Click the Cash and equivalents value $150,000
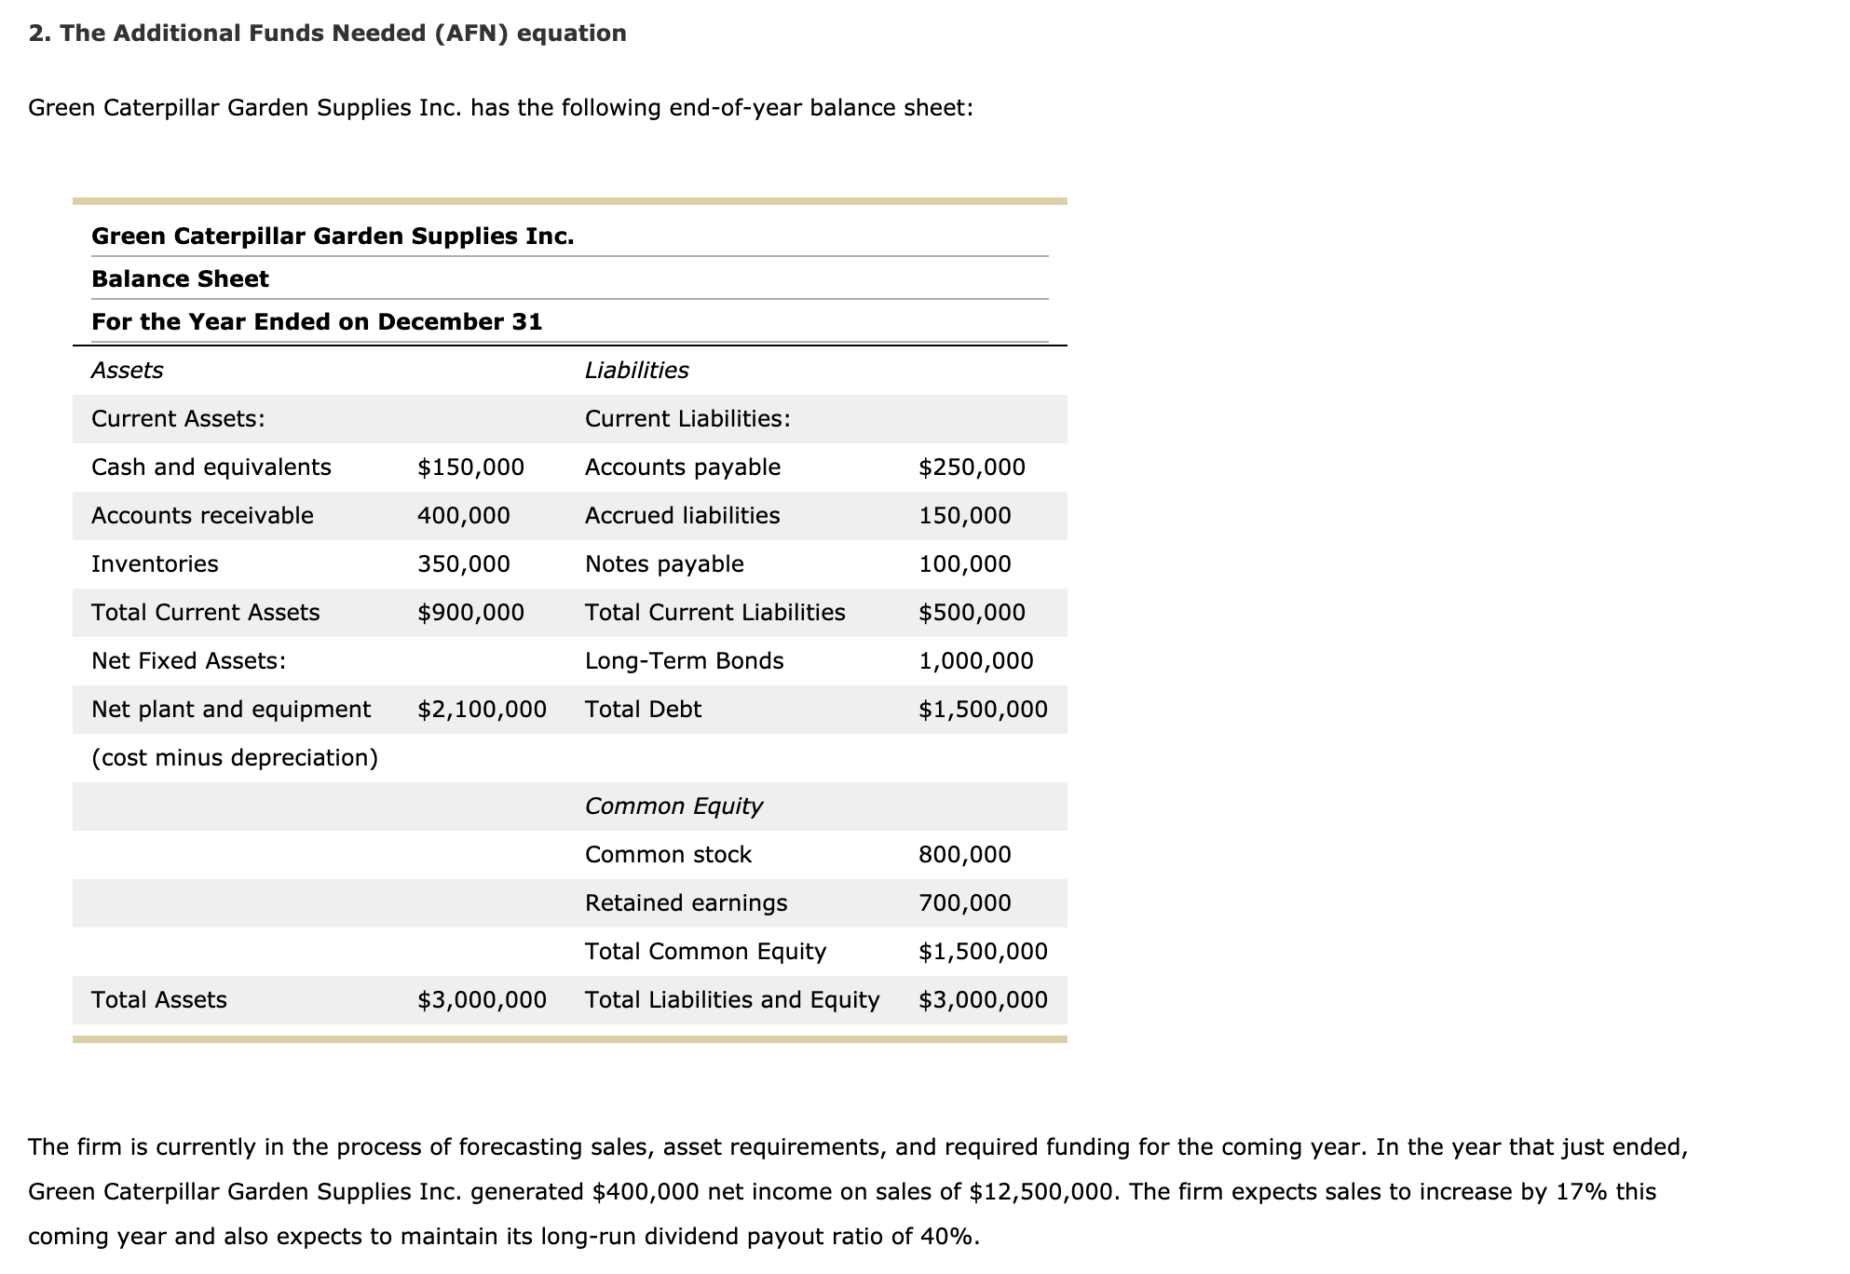(470, 468)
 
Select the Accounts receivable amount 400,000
(463, 516)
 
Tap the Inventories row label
(155, 564)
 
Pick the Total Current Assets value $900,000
(470, 613)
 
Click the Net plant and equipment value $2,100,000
(482, 710)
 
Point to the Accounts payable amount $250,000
(972, 468)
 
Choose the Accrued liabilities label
(682, 516)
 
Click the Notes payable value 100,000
(964, 564)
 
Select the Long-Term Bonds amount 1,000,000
(975, 661)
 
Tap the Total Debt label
(643, 710)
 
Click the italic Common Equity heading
(673, 806)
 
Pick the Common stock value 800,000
(964, 855)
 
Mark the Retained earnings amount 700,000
(964, 903)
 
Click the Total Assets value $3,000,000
(482, 1000)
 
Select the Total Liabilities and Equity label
(731, 1000)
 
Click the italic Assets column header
(127, 371)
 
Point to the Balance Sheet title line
(180, 279)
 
